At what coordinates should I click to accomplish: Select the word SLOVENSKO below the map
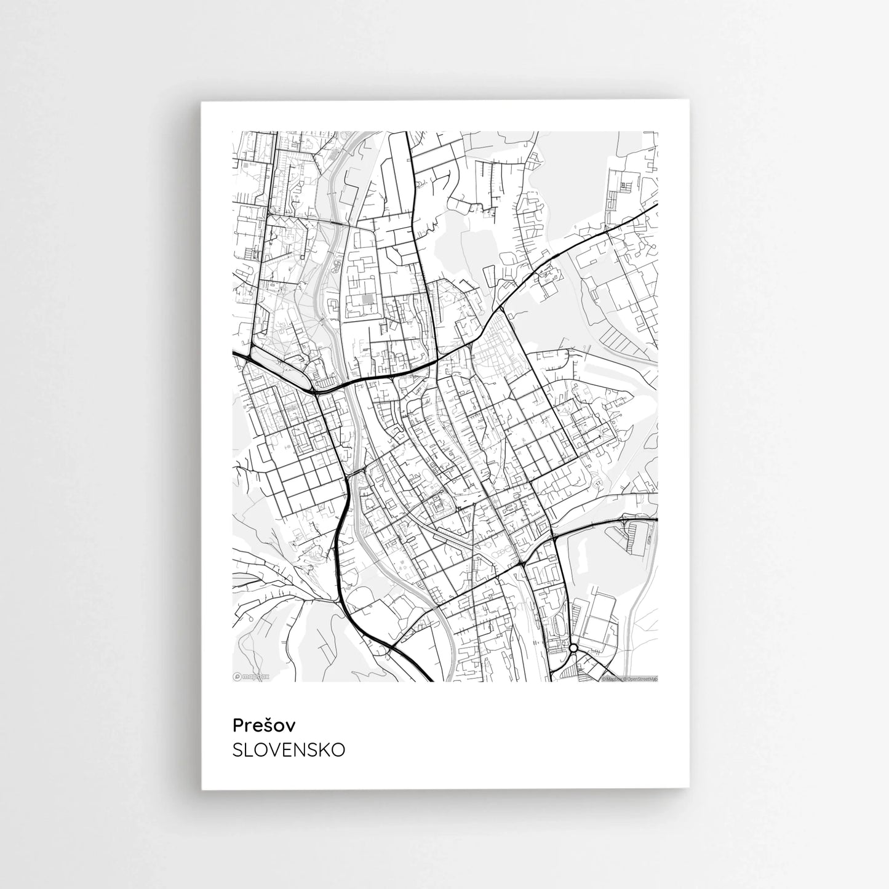(x=289, y=751)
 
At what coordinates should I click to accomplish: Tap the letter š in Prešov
(x=268, y=726)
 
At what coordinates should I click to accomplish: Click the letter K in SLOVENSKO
(x=324, y=751)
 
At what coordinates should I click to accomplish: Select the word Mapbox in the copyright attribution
(x=613, y=679)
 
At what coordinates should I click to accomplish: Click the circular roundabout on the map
(x=573, y=648)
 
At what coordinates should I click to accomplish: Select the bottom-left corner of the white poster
(x=202, y=789)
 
